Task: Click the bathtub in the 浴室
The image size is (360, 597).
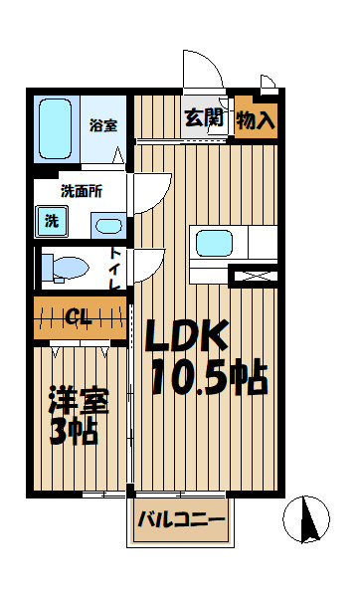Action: pos(56,128)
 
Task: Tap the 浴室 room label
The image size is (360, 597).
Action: pos(103,125)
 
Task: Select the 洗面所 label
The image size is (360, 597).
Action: pos(82,191)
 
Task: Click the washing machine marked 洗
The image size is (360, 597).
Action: pos(52,222)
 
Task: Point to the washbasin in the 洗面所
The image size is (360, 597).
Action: pos(108,227)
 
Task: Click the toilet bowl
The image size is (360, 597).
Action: pos(69,268)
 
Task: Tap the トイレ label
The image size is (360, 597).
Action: pos(115,268)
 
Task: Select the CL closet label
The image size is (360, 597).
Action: pos(79,316)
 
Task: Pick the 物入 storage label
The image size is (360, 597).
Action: pos(256,120)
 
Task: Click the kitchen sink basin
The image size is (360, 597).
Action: pos(214,243)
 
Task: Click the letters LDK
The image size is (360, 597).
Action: pos(187,335)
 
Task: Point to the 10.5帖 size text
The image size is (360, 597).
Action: pos(210,376)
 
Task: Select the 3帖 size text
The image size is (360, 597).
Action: pos(74,432)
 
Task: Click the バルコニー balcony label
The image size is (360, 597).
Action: pos(181,519)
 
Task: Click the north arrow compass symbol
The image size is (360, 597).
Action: pos(306,519)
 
